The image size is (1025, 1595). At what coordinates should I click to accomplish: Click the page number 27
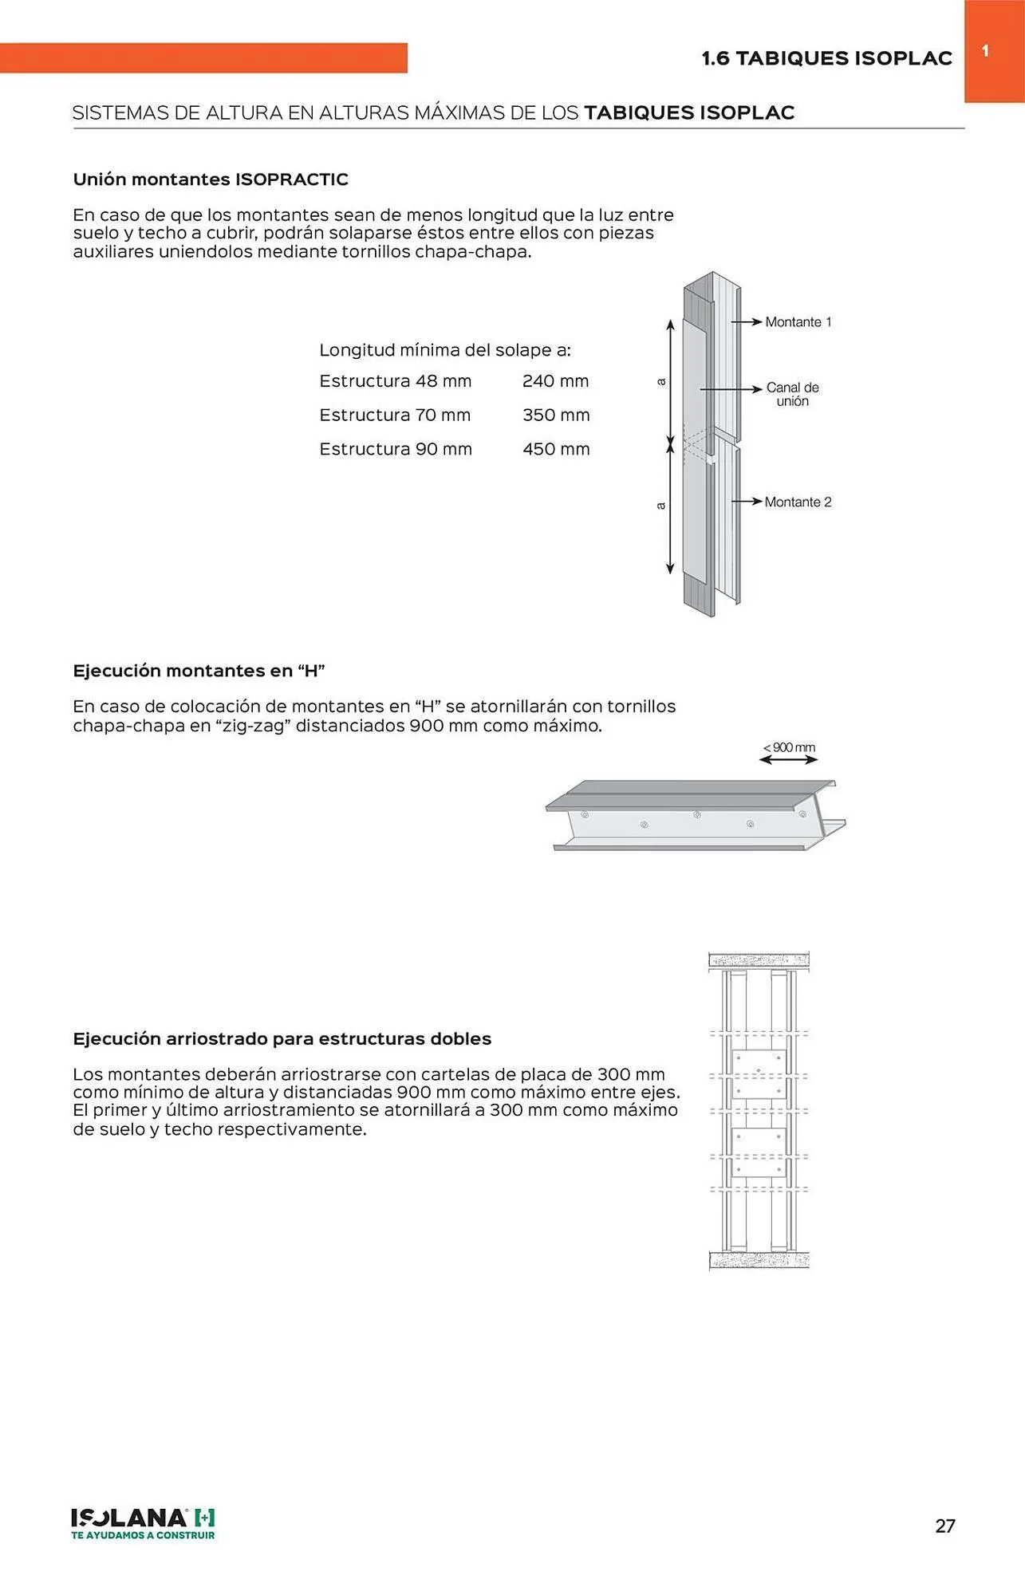pos(944,1526)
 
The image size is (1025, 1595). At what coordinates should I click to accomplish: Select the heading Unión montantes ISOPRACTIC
pos(211,179)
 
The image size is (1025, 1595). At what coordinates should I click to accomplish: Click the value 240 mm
pos(555,381)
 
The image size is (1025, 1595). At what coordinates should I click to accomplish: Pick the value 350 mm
pos(556,415)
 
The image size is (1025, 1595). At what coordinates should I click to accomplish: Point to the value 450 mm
pos(556,449)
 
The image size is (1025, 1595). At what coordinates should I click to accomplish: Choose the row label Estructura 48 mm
pos(395,381)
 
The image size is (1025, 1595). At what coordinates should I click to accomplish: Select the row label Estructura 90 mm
pos(395,449)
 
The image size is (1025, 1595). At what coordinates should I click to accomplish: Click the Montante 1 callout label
pos(798,322)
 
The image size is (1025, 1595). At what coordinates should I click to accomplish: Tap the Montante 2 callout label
pos(798,502)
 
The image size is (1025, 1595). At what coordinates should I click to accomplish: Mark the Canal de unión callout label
pos(792,394)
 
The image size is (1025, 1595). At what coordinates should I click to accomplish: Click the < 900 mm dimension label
pos(789,747)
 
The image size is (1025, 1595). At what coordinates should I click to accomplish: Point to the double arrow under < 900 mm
pos(788,760)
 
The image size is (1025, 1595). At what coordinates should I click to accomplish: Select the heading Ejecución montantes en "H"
pos(199,671)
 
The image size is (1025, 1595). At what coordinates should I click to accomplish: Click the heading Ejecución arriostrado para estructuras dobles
pos(282,1038)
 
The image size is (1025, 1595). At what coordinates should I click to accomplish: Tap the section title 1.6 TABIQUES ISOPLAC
pos(826,58)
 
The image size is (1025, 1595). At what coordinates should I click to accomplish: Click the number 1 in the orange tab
pos(985,51)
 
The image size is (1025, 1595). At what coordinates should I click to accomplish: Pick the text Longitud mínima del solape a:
pos(444,350)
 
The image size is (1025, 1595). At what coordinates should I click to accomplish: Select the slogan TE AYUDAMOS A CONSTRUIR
pos(143,1535)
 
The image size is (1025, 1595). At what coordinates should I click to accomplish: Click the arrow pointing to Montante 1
pos(747,322)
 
